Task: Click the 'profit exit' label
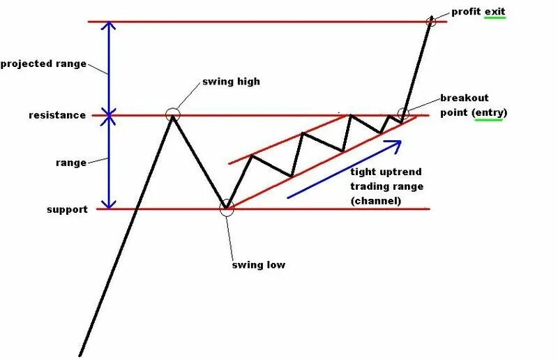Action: tap(478, 11)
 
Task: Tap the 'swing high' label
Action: tap(231, 82)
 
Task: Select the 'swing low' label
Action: tap(258, 265)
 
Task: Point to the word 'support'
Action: tap(67, 209)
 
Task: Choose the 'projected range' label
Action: tap(43, 63)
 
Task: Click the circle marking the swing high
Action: tap(172, 114)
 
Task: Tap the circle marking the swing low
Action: tap(227, 208)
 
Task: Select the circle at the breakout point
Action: tap(402, 113)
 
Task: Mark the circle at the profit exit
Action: tap(431, 21)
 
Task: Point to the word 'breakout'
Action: tap(465, 98)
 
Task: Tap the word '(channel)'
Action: tap(377, 201)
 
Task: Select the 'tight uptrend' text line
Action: tap(386, 172)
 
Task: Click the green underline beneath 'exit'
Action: tap(497, 19)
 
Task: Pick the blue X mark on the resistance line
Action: tap(108, 115)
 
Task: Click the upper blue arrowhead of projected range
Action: tap(108, 27)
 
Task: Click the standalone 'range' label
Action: tap(70, 163)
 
